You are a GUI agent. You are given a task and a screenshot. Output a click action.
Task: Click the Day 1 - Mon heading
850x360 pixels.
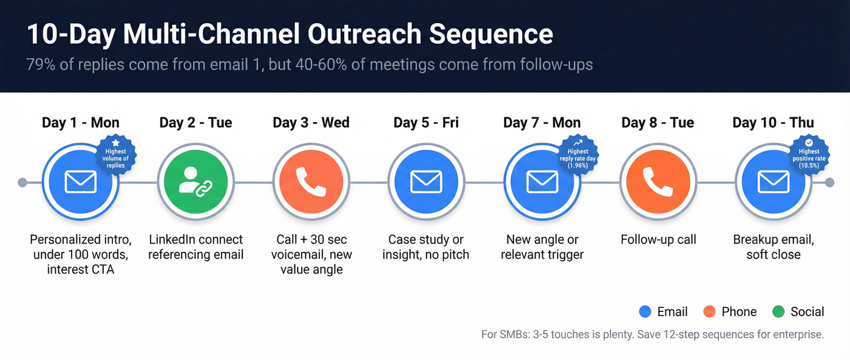click(x=80, y=123)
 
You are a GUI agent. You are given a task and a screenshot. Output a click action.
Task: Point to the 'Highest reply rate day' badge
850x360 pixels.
click(x=577, y=155)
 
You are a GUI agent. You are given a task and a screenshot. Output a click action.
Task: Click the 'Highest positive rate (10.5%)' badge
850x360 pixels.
click(x=809, y=155)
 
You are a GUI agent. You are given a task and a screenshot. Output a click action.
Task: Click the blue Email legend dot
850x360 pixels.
click(x=645, y=312)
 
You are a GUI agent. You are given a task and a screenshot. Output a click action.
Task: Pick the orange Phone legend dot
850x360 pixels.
click(x=709, y=312)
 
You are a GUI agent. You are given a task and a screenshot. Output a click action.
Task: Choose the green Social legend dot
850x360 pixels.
click(x=778, y=312)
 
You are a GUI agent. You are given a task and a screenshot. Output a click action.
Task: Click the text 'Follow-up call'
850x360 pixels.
click(x=658, y=240)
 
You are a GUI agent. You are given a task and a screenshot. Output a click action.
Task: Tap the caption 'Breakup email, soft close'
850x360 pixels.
click(x=773, y=247)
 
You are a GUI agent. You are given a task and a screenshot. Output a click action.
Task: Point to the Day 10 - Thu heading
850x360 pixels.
click(x=773, y=123)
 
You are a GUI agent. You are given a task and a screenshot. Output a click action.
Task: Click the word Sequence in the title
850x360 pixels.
click(x=491, y=35)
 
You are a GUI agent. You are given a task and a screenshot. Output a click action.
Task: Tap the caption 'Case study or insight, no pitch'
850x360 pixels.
click(x=426, y=247)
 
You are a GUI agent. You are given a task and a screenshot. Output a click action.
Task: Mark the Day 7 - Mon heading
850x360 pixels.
click(x=542, y=123)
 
